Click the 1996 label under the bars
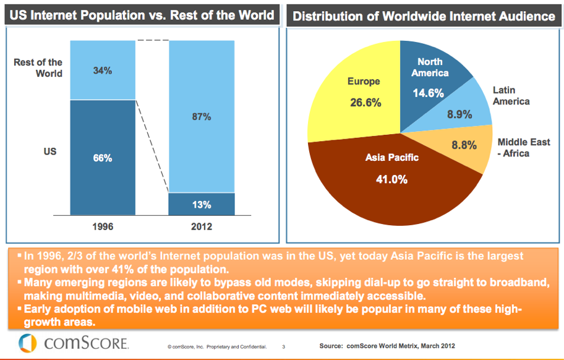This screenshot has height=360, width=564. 102,226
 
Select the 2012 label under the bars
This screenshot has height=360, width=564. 202,226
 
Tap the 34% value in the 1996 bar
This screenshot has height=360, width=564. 102,71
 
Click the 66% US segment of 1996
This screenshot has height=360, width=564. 102,158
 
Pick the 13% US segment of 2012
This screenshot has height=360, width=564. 202,205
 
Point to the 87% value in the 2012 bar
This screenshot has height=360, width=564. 202,116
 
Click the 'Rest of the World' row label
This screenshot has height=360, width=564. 38,67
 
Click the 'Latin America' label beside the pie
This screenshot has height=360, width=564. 511,95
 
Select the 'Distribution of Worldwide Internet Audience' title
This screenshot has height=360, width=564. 424,16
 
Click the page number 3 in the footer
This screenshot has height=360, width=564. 284,346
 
